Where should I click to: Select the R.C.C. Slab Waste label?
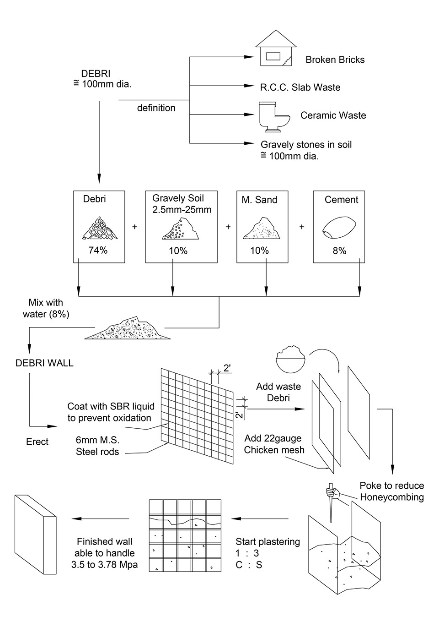pos(300,87)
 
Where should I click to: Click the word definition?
pos(156,108)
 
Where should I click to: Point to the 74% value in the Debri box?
pos(98,251)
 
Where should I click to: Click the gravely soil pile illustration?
pos(180,229)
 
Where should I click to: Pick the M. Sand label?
pos(259,200)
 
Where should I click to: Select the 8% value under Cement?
pos(339,251)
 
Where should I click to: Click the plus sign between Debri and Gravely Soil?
pos(134,227)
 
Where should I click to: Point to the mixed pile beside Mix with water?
pos(128,329)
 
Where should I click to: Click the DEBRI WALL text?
pos(44,363)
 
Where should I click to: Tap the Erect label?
pos(37,442)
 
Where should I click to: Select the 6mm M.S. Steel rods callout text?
pos(97,446)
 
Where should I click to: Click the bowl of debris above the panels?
pos(291,360)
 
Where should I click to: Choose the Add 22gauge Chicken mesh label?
pos(274,444)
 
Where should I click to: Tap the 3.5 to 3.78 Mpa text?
pos(104,565)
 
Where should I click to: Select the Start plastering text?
pos(268,542)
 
